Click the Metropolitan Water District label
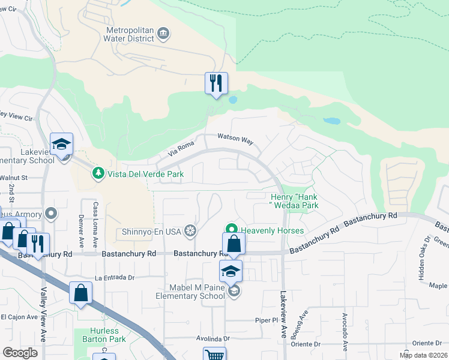coord(130,35)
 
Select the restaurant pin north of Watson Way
coord(216,83)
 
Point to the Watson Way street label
coord(235,139)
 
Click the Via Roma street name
coord(181,148)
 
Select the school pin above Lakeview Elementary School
coord(61,145)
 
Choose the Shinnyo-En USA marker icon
coord(190,230)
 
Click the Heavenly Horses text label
coord(272,230)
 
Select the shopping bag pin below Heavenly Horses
coord(234,244)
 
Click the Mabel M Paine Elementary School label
coord(190,292)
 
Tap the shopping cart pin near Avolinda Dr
coord(214,354)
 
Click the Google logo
coord(20,353)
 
